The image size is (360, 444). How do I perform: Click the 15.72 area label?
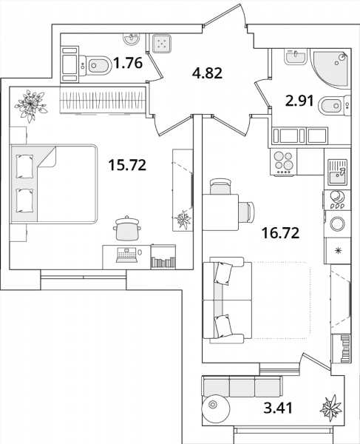click(127, 165)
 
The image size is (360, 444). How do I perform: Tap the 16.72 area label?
click(281, 233)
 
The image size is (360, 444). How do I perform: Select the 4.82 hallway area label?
click(207, 73)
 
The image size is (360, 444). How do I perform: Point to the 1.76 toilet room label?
click(128, 63)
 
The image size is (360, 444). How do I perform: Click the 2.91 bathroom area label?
click(300, 101)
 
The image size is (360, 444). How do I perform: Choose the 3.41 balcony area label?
click(278, 408)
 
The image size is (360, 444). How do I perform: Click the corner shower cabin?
click(330, 69)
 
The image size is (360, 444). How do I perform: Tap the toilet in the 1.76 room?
click(95, 65)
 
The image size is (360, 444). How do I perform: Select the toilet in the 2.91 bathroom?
click(335, 106)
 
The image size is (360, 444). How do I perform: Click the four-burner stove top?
click(284, 162)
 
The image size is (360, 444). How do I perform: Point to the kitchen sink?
click(337, 172)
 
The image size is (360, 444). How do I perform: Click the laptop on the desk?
click(126, 255)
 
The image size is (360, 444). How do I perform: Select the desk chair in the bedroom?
click(127, 228)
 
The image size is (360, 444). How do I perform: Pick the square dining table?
click(220, 212)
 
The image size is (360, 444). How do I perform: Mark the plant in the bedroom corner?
click(30, 105)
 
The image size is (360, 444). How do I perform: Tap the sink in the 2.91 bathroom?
click(296, 56)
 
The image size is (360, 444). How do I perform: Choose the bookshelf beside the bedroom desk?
click(163, 257)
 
